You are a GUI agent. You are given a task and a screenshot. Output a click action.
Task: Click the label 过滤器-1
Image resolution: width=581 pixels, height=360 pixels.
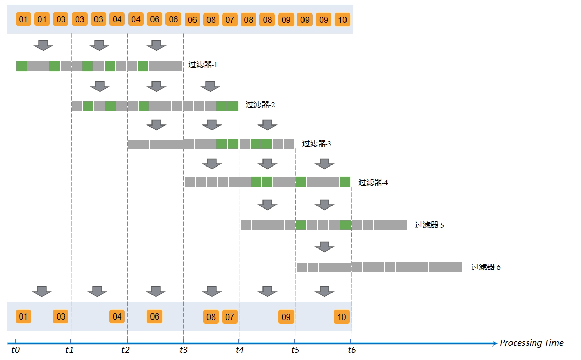pos(203,65)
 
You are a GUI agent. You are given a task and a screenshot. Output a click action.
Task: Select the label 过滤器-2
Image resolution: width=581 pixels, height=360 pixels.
pos(260,105)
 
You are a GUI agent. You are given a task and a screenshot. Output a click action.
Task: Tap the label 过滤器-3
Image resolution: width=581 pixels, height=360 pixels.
pos(316,144)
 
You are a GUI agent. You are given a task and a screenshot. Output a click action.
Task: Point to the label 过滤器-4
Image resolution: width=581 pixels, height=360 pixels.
pos(373,183)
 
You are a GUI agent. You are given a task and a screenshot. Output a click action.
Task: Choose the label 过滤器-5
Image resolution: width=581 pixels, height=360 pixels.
pos(429,225)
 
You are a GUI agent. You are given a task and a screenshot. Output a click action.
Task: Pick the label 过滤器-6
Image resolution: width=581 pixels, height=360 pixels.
pos(486,267)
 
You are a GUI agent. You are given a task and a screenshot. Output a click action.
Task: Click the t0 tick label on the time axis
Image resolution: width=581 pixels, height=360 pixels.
pos(15,350)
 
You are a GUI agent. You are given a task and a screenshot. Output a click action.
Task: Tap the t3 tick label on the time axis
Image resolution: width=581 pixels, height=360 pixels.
pos(184,350)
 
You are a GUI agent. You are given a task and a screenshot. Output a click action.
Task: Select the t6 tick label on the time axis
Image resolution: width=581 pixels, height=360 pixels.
pos(352,350)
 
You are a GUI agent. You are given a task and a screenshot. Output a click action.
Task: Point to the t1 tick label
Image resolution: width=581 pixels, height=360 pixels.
pos(70,350)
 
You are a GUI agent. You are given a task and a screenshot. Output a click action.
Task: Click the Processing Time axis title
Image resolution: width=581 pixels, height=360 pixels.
pos(532,343)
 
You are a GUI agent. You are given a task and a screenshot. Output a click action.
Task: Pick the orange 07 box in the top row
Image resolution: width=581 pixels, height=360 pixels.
pos(230,20)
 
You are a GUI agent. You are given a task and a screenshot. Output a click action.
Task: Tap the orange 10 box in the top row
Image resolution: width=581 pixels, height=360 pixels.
pos(342,20)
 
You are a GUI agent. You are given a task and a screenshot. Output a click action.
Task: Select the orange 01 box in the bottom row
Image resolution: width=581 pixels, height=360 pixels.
pos(23,316)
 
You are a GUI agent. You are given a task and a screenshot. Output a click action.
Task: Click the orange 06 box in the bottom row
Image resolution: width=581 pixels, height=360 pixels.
pos(155,316)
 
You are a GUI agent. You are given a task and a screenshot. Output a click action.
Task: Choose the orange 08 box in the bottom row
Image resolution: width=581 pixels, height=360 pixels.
pos(211,317)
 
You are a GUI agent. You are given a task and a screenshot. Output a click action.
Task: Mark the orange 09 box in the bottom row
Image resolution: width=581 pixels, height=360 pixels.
pos(286,317)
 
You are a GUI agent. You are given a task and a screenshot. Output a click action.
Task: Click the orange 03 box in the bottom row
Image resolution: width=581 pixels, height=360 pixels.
pos(61,316)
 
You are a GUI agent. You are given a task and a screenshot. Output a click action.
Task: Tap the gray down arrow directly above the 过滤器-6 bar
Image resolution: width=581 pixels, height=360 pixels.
pos(324,247)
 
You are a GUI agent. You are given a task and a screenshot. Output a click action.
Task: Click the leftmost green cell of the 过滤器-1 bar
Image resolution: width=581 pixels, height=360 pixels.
pos(21,66)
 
